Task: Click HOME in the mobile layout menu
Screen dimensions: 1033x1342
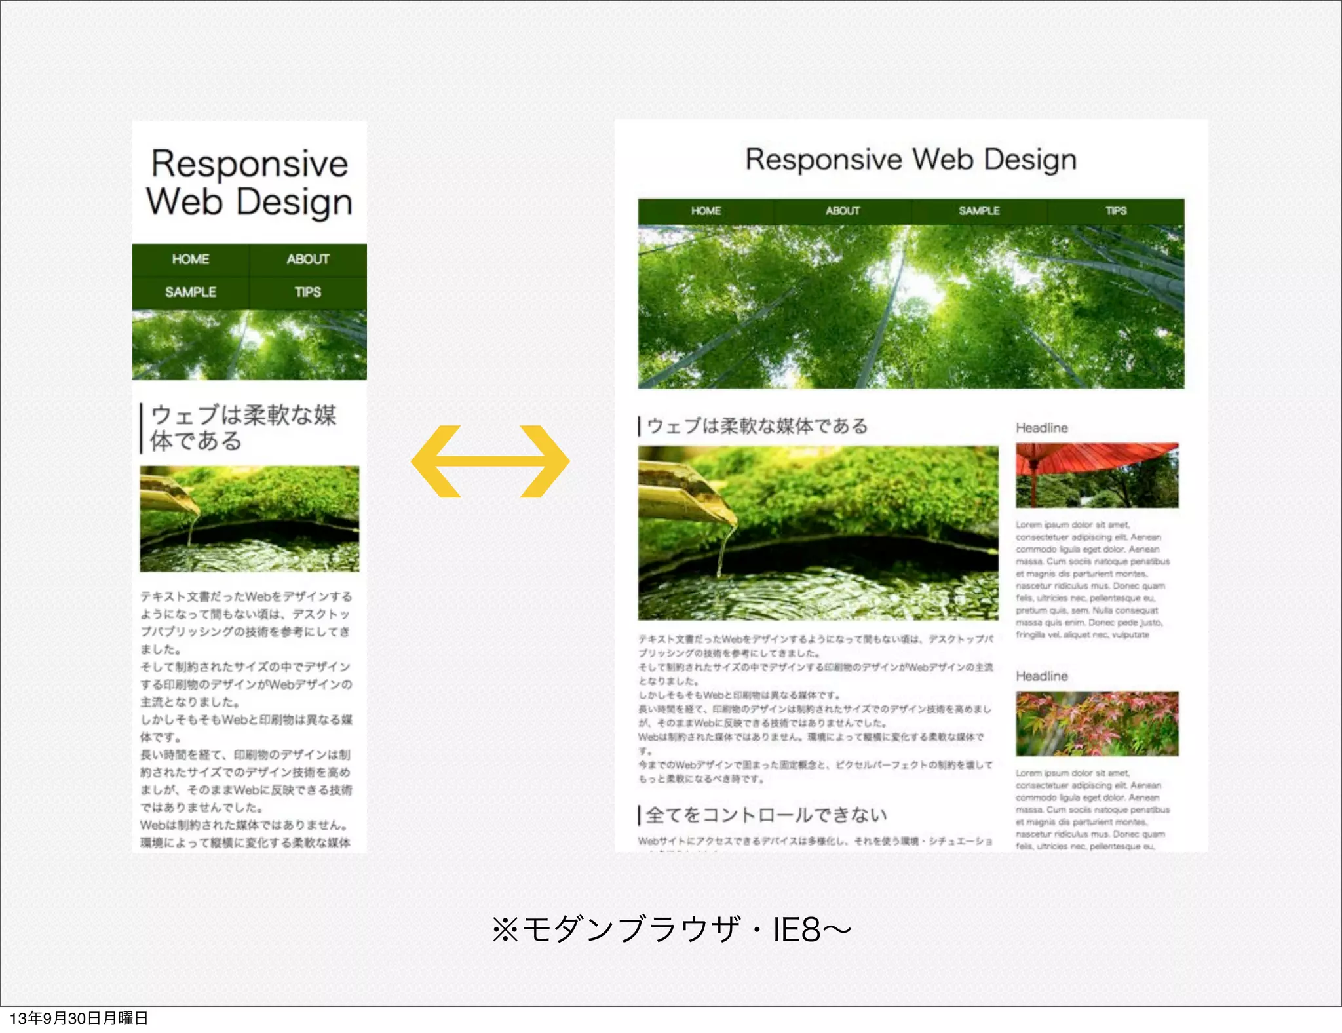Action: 190,260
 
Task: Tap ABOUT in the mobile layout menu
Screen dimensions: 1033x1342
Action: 308,260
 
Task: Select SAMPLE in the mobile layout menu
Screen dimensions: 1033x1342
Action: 190,292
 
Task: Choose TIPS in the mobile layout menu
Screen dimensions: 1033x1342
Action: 308,292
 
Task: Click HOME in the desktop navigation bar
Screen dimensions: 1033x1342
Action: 706,211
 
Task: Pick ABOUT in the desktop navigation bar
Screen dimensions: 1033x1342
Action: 842,211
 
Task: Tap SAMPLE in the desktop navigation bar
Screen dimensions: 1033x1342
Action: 979,211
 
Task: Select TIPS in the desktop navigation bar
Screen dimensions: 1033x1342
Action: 1116,211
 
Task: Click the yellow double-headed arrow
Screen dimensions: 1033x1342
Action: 490,461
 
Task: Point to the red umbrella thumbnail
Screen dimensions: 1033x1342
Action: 1097,475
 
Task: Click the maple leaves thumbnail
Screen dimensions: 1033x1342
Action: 1097,724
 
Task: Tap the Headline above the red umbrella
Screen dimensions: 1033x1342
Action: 1042,428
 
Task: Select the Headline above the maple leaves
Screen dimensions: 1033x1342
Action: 1042,676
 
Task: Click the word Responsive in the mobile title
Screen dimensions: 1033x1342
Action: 250,164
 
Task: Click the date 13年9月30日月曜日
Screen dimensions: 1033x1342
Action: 79,1018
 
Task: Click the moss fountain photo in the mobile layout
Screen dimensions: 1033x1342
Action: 250,518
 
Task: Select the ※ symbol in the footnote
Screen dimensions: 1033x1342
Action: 505,929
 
